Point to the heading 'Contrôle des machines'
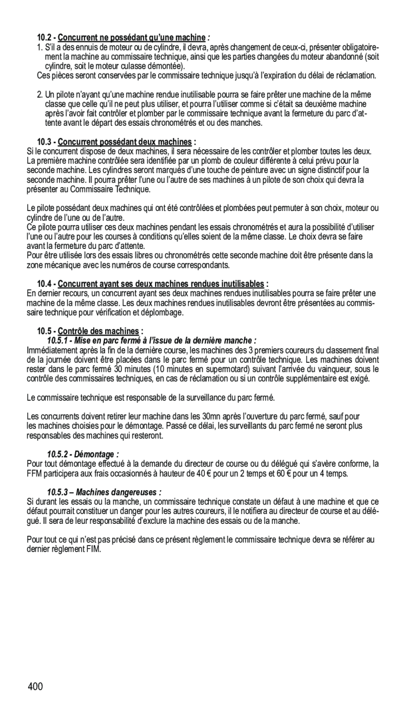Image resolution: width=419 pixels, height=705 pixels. coord(98,331)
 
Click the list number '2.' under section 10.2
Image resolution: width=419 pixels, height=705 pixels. coord(40,95)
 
